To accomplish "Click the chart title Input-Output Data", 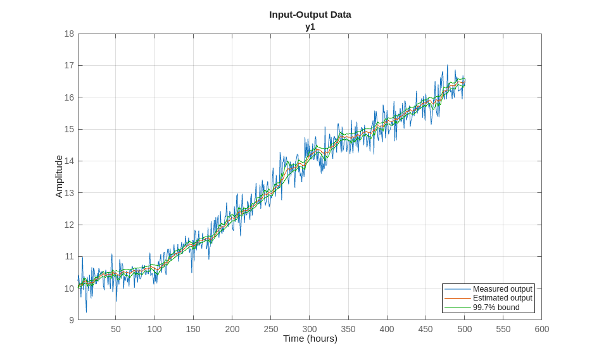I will (310, 14).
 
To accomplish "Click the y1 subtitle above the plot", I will (310, 27).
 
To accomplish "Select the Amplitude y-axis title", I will (59, 177).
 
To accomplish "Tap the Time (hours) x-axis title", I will (310, 338).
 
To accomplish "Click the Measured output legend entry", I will (502, 289).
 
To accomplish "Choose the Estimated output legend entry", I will (502, 298).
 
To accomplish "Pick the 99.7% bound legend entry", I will (496, 307).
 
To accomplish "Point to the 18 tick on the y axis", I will (69, 34).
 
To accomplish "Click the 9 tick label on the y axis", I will (72, 320).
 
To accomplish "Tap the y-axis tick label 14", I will (69, 161).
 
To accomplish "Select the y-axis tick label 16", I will (69, 97).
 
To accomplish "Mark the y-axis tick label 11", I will (69, 256).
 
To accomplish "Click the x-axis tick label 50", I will (116, 329).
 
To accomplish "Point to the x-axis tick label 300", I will (310, 329).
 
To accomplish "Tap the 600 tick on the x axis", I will (542, 329).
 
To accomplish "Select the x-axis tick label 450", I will (426, 329).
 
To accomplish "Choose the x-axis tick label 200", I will (232, 329).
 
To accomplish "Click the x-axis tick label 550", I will (503, 329).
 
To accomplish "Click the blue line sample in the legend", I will (457, 289).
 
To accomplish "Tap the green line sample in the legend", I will (457, 307).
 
